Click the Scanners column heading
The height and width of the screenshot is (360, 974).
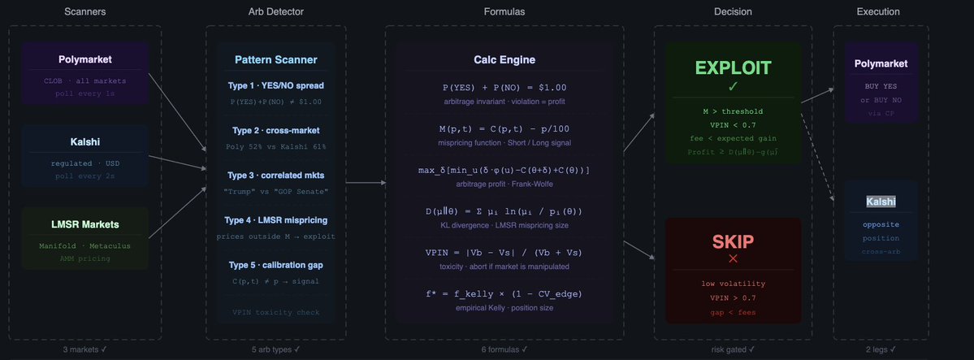85,11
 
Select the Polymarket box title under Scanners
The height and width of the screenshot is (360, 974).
85,60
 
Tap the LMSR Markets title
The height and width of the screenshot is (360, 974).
85,224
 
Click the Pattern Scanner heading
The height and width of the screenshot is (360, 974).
276,60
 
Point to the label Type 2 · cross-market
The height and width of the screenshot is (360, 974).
276,130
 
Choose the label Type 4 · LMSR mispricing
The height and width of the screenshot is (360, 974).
276,219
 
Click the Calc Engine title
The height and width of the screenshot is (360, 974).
504,60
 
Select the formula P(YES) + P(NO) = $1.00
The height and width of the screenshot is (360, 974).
504,87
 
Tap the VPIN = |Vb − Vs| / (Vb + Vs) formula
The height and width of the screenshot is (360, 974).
504,252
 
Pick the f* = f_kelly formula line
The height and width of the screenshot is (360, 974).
504,293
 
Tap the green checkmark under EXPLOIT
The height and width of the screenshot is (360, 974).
733,86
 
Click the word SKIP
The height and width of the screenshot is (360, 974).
733,241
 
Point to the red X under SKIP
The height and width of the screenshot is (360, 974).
733,258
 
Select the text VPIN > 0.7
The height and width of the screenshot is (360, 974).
733,298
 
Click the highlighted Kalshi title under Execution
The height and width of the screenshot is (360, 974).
881,201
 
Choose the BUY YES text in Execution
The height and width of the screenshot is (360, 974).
881,85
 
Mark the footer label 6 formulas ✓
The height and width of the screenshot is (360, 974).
504,349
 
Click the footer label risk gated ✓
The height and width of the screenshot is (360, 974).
733,349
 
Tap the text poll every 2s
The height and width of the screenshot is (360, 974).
85,176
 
